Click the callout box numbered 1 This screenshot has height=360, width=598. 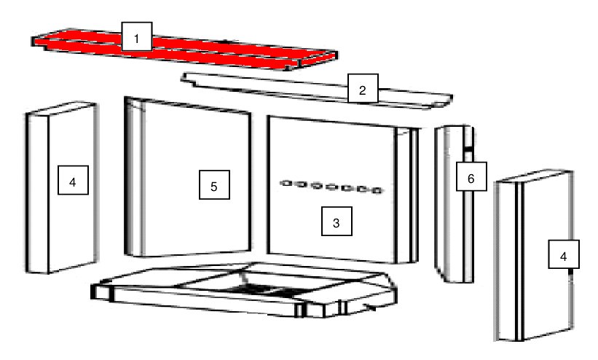click(137, 36)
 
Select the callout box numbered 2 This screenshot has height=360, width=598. click(363, 89)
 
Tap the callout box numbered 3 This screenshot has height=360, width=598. click(337, 222)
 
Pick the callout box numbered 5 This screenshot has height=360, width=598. click(214, 185)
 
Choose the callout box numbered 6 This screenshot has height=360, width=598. click(471, 176)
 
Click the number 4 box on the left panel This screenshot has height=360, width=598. click(74, 180)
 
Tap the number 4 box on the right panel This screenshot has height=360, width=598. click(564, 254)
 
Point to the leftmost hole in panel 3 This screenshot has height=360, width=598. click(286, 184)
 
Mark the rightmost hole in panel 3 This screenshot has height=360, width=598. click(377, 190)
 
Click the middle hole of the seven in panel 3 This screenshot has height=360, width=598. click(332, 187)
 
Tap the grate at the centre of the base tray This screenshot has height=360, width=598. click(267, 291)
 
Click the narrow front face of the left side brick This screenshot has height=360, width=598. click(37, 194)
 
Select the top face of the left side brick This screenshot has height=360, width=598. click(61, 108)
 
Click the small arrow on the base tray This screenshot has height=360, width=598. click(370, 306)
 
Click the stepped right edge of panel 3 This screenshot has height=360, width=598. click(406, 195)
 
